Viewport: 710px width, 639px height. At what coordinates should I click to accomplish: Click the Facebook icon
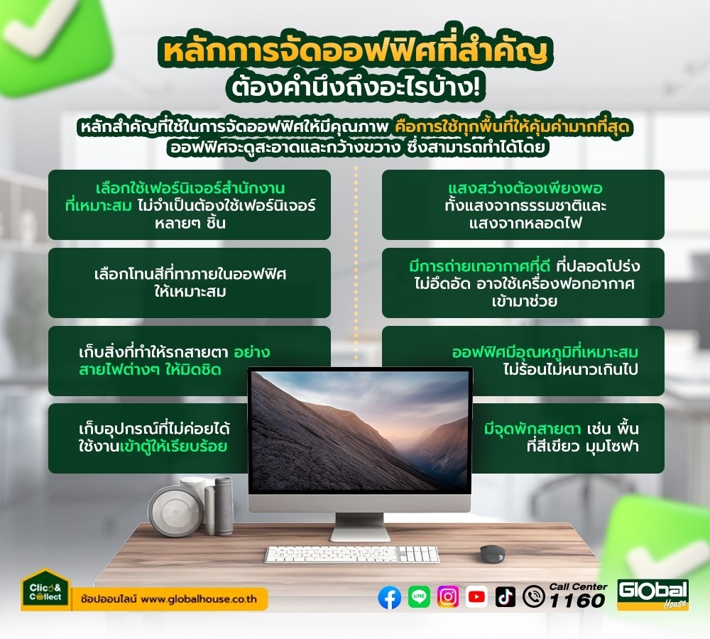coord(389,597)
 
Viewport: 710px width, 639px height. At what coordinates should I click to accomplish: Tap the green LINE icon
coord(420,597)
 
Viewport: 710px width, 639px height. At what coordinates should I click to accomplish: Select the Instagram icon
coord(448,597)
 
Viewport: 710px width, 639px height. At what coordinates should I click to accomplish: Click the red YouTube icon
coord(476,597)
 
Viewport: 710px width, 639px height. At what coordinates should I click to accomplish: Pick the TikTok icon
coord(505,597)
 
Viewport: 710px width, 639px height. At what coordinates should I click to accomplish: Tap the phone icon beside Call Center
coord(534,597)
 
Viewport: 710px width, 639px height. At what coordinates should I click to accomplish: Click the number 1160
coord(577,601)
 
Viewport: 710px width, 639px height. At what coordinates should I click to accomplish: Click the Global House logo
coord(653,594)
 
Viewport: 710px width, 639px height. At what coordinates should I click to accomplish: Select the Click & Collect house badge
coord(45,589)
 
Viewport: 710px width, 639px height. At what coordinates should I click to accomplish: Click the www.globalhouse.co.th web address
coord(199,599)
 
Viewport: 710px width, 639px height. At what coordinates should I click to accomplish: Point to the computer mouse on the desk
coord(493,553)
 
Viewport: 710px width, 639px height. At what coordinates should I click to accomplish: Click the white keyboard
coord(352,554)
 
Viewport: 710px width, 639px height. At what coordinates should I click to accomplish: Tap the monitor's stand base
coord(360,534)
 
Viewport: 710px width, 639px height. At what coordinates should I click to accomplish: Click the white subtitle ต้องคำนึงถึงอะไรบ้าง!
coord(355,87)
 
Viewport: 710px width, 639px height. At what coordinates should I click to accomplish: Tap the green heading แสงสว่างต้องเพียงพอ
coord(525,188)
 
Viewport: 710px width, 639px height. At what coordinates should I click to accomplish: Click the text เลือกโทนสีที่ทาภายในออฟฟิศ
coord(190,275)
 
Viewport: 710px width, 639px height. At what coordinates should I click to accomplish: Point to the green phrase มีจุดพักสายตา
coord(532,428)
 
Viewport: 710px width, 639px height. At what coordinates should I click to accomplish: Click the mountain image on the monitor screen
coord(361,431)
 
